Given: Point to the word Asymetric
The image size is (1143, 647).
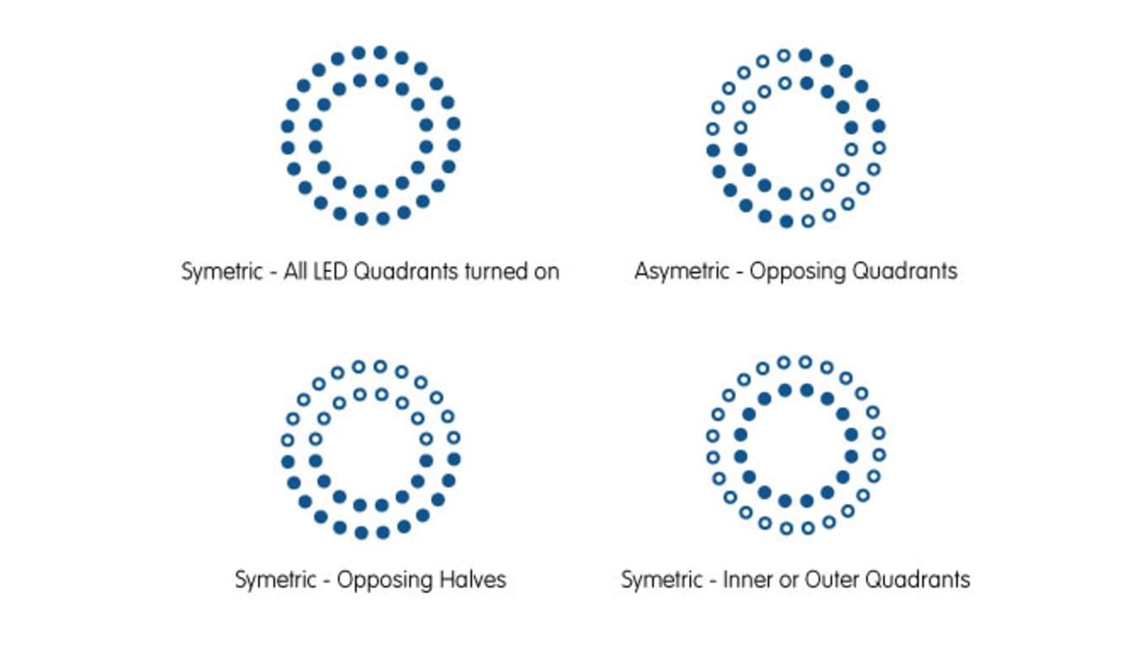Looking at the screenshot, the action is pyautogui.click(x=682, y=271).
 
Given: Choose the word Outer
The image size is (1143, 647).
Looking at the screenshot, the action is pyautogui.click(x=830, y=580).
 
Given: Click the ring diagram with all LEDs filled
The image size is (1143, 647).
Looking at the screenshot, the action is pyautogui.click(x=371, y=136).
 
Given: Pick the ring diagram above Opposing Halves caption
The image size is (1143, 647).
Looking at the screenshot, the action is pyautogui.click(x=371, y=449).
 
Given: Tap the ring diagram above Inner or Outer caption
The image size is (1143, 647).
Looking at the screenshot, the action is pyautogui.click(x=796, y=445).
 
